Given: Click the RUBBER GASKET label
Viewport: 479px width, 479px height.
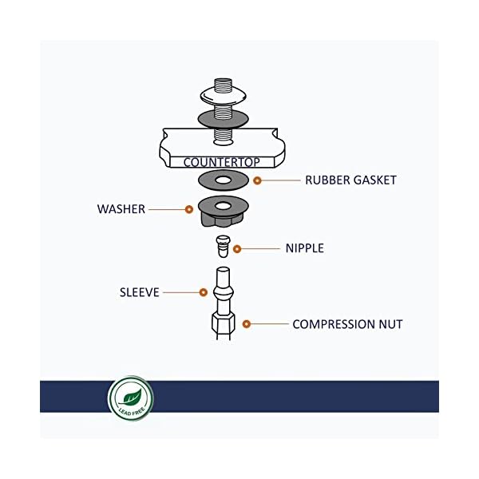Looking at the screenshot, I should (350, 180).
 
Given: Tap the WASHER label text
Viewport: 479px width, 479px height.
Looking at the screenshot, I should (121, 209).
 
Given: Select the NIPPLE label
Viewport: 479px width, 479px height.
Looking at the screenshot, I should (304, 248).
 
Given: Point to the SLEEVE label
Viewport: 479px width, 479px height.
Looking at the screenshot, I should (140, 293).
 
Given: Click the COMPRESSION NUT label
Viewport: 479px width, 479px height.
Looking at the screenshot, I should (347, 324).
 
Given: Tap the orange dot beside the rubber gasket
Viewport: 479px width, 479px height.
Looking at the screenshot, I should (257, 180).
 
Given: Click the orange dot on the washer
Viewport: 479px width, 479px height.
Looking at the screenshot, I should (189, 209).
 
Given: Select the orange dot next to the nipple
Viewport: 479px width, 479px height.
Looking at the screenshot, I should (236, 248).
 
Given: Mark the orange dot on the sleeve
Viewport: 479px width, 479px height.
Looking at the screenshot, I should (204, 293).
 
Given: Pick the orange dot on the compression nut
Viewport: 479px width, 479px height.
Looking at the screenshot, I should (247, 324).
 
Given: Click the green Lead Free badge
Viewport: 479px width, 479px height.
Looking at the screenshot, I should (130, 397).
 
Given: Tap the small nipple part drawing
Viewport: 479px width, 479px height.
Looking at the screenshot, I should (223, 244).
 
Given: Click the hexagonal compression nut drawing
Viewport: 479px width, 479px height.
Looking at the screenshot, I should (223, 323).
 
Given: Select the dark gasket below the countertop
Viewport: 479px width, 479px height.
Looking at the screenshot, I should (223, 179).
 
